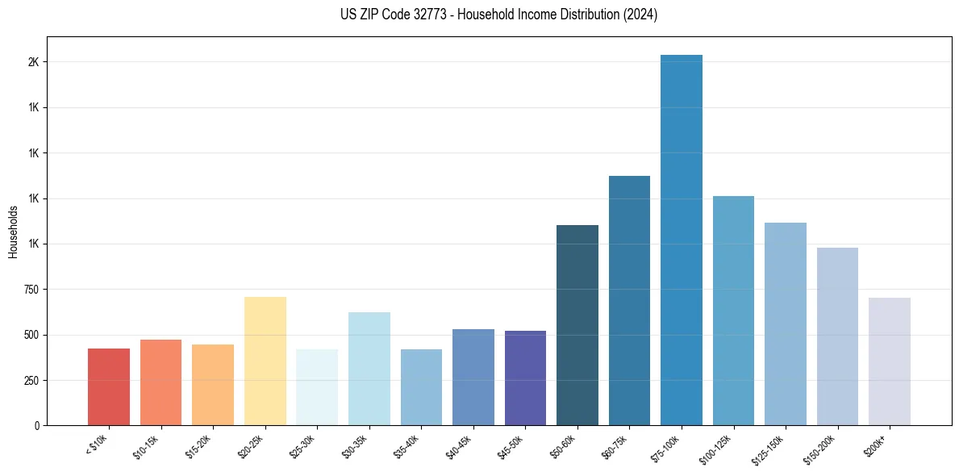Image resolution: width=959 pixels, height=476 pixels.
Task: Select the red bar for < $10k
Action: (x=109, y=386)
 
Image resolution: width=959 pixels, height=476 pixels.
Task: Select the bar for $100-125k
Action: (x=733, y=311)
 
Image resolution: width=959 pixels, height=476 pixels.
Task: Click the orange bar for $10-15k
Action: (x=161, y=382)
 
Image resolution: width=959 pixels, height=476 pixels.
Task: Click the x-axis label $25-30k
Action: (x=303, y=446)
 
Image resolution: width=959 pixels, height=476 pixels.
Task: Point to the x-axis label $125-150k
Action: (x=769, y=448)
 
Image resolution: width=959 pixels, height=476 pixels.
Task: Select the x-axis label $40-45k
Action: (x=460, y=446)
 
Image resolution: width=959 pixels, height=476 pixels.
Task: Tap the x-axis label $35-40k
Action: (x=407, y=446)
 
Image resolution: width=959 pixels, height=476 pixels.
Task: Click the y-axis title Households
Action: (x=13, y=232)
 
